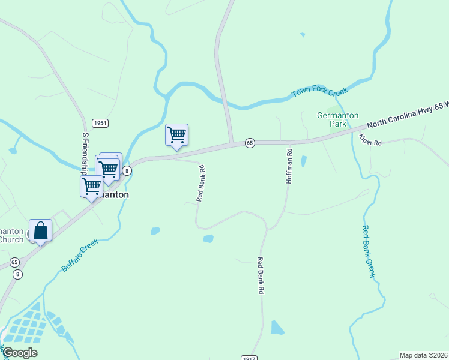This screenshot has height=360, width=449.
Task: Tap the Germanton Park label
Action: [337, 119]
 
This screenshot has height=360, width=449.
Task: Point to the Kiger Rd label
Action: [370, 140]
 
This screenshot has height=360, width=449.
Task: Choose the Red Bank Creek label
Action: [369, 251]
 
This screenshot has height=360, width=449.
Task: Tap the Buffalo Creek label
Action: [80, 255]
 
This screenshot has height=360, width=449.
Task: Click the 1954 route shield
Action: [100, 123]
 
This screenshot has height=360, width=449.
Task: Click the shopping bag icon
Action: [40, 230]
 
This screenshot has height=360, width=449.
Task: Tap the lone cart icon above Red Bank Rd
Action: [176, 134]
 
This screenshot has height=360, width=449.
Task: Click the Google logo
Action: [20, 353]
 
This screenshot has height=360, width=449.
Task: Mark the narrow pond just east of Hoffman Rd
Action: [304, 161]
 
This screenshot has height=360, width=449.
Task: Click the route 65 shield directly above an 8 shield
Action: [15, 262]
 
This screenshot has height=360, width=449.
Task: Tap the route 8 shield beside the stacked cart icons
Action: [127, 171]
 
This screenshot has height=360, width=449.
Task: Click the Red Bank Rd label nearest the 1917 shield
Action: [261, 275]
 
